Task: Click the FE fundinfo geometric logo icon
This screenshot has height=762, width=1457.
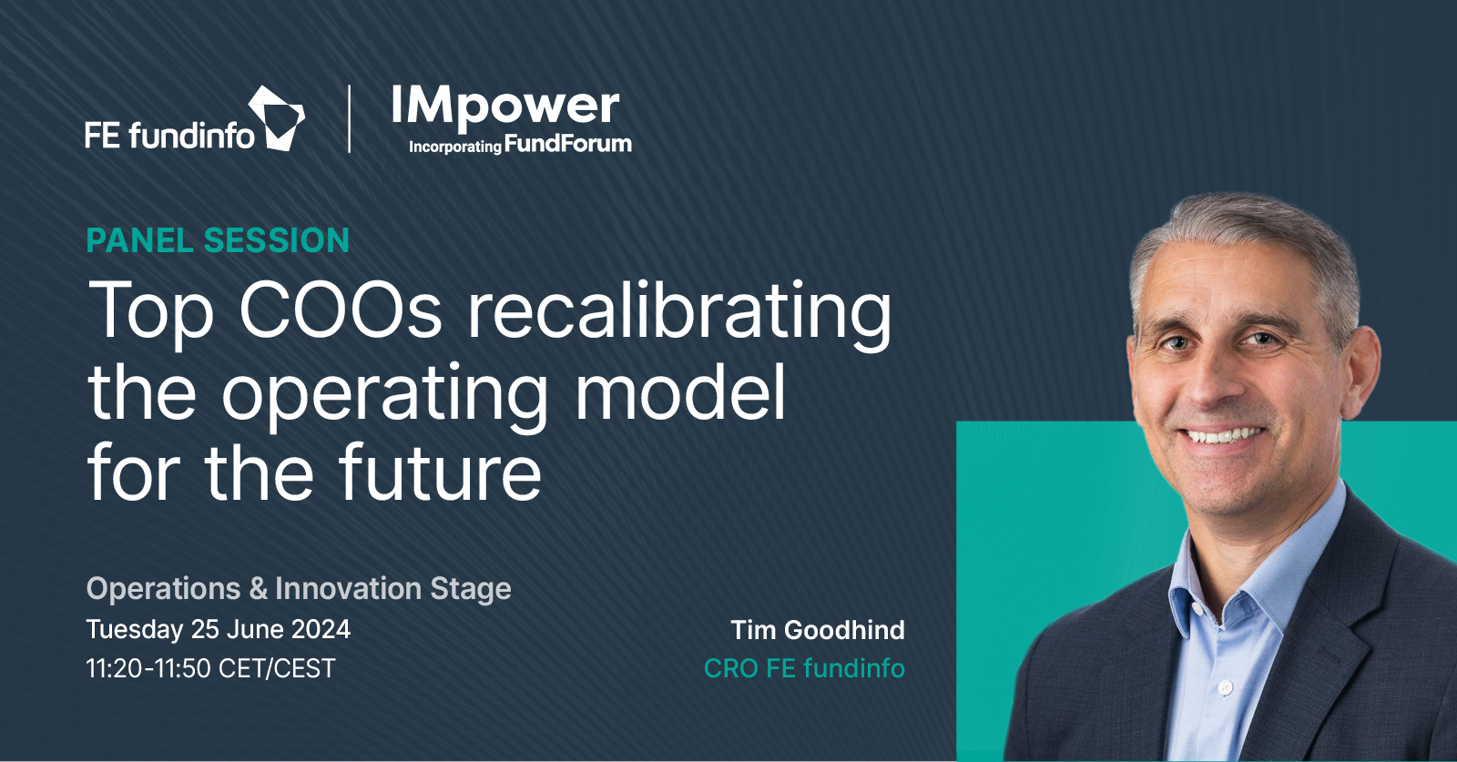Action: [x=277, y=118]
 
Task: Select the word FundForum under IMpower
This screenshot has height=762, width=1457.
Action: [x=568, y=144]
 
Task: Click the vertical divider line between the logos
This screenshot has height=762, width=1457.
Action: [x=350, y=119]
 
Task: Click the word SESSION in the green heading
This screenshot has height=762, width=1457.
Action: [x=277, y=240]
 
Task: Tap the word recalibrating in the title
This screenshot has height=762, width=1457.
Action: [x=679, y=316]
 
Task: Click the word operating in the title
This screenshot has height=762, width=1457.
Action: [x=384, y=395]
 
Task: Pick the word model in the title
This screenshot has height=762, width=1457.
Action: [x=681, y=390]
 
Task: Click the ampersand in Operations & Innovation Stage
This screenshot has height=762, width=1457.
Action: [x=259, y=589]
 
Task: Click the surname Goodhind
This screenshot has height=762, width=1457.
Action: [x=844, y=630]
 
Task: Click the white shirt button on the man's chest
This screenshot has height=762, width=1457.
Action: [x=1225, y=686]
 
